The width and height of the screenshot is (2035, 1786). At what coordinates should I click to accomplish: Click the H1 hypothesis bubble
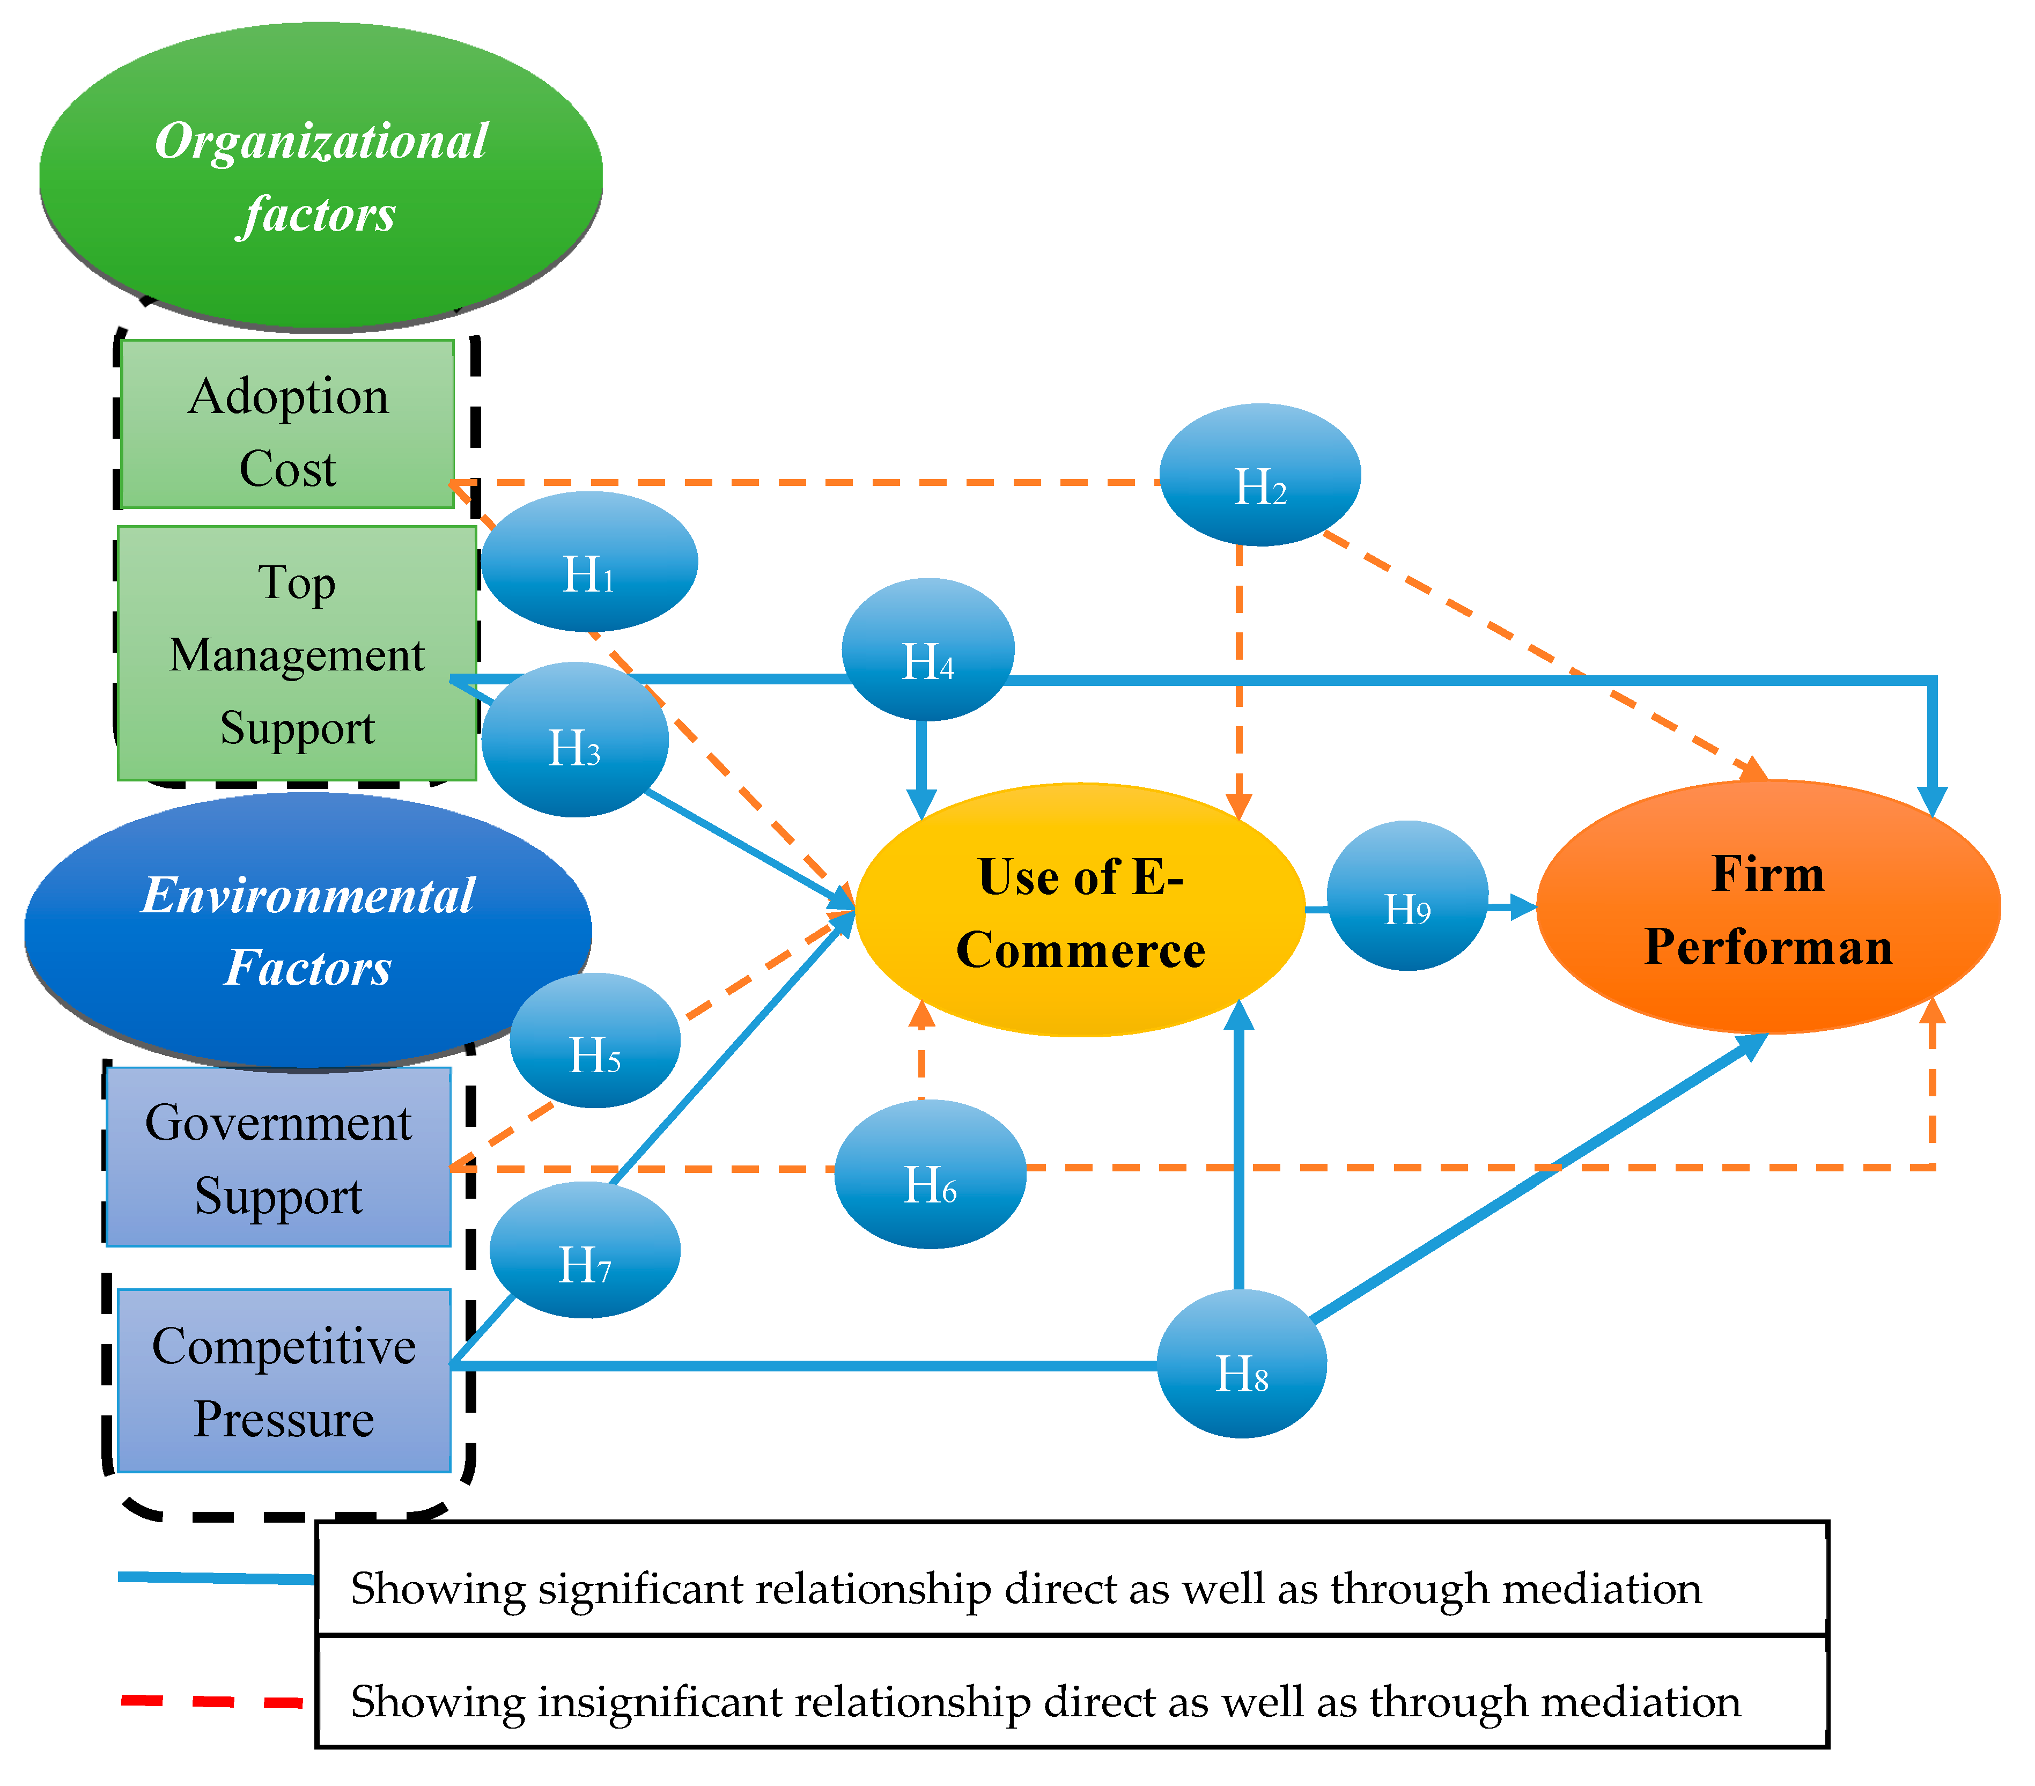click(x=589, y=562)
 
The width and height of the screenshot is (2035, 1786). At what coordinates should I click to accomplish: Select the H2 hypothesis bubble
click(x=1260, y=475)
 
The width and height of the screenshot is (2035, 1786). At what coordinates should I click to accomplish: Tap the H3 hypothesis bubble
click(x=574, y=740)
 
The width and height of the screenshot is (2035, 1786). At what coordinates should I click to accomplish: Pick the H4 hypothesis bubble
click(x=928, y=649)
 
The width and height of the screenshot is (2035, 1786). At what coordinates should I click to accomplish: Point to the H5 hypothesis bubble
click(x=595, y=1040)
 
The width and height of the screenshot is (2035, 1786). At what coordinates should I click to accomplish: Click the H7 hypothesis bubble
click(x=585, y=1250)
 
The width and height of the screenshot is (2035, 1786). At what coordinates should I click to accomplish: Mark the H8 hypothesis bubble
click(x=1242, y=1364)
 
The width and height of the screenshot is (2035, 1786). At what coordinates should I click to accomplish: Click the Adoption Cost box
click(x=287, y=424)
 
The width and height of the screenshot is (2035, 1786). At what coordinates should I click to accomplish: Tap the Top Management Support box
click(x=297, y=653)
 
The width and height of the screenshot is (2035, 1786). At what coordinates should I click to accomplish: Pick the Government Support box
click(x=279, y=1157)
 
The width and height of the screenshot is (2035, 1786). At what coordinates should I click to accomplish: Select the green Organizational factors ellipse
click(x=321, y=176)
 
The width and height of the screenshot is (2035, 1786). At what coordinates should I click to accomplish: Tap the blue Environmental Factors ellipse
click(x=308, y=932)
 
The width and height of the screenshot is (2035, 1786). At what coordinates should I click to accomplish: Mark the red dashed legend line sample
click(x=212, y=1701)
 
